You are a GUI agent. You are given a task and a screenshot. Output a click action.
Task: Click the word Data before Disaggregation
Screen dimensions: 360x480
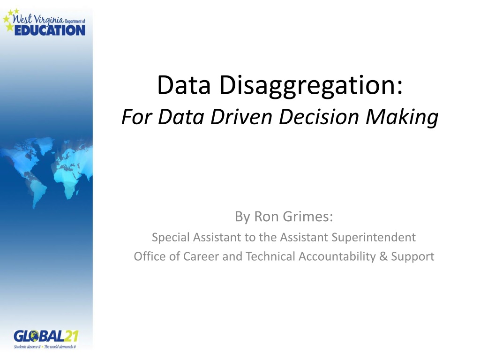(182, 86)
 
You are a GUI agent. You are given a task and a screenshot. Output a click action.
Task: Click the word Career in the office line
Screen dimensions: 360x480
(203, 257)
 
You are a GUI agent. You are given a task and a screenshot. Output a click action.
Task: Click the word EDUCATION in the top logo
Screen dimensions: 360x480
(52, 30)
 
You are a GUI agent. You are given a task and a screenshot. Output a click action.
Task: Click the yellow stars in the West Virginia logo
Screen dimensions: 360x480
(9, 21)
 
